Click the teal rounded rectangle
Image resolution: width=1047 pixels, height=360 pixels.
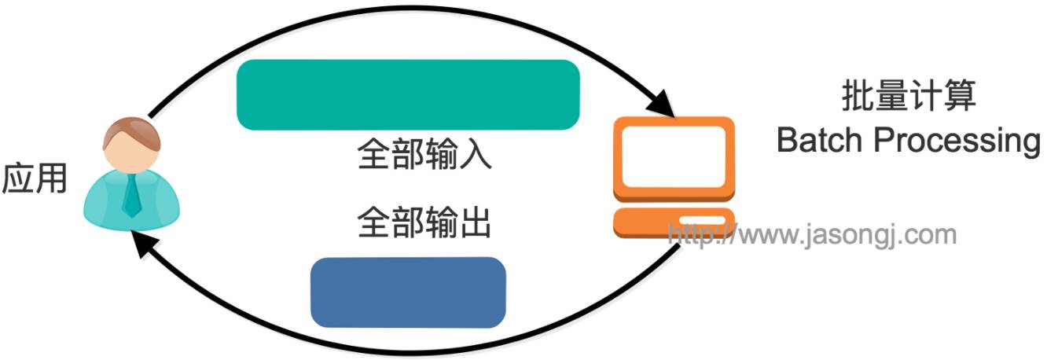408,94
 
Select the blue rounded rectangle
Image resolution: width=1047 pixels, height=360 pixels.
408,292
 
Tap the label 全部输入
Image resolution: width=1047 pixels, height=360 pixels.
424,155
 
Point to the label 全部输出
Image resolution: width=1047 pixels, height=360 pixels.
424,223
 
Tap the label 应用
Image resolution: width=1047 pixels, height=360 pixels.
35,180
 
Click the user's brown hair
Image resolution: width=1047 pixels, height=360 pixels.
131,130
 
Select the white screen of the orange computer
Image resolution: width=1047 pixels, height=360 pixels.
674,157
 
